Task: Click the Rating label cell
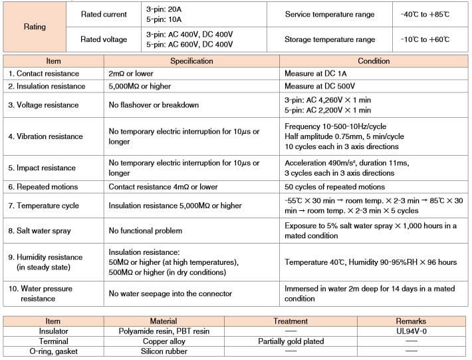pyautogui.click(x=35, y=27)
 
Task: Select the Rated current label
pyautogui.click(x=104, y=15)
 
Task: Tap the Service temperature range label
pyautogui.click(x=330, y=15)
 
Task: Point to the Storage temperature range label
pyautogui.click(x=330, y=39)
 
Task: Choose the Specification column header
pyautogui.click(x=191, y=61)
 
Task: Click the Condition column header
pyautogui.click(x=374, y=61)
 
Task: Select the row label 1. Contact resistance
pyautogui.click(x=44, y=73)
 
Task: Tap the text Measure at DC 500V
pyautogui.click(x=322, y=86)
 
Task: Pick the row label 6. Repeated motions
pyautogui.click(x=43, y=187)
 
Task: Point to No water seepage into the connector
pyautogui.click(x=170, y=293)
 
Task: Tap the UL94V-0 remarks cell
pyautogui.click(x=411, y=331)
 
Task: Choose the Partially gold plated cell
pyautogui.click(x=291, y=341)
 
